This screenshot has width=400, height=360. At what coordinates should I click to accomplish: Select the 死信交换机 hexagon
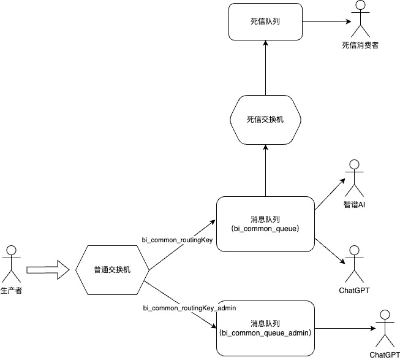coord(265,119)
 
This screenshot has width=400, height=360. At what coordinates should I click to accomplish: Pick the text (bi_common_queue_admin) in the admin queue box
coord(265,333)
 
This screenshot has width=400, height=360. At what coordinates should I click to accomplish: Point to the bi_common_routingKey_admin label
coord(189,307)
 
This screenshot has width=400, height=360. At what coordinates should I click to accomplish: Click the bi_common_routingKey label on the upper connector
coord(177,240)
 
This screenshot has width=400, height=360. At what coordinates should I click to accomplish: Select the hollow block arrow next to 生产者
coord(47,269)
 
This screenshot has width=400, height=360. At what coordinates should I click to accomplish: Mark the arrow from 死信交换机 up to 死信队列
coord(265,67)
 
